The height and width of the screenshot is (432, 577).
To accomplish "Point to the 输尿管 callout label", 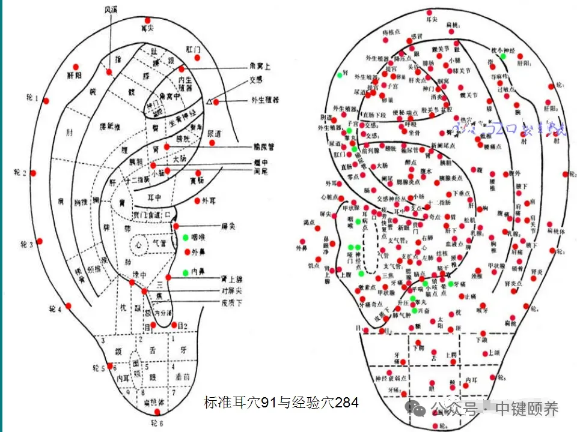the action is coord(265,146).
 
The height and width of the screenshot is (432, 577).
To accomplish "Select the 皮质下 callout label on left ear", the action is coord(231,303).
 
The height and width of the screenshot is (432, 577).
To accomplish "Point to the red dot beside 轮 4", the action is coord(68,306).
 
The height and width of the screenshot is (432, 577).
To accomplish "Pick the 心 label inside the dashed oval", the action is coord(138,244).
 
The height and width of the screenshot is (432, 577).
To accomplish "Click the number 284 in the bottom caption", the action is coord(347,402).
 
